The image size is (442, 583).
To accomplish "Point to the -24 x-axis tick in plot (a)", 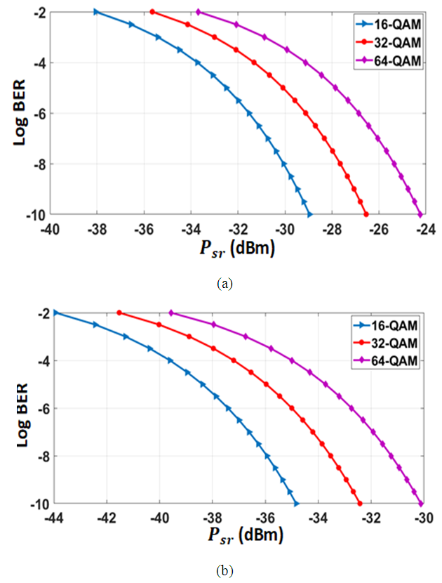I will point(426,228).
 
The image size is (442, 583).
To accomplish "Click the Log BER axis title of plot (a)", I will point(19,112).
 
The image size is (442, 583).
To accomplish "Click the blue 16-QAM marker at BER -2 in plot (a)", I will point(97,12).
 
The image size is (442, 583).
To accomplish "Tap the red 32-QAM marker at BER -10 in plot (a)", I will point(366,214).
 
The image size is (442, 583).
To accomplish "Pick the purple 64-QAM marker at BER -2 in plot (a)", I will point(199,12).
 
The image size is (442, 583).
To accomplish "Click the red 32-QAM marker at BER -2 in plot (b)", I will point(119,313).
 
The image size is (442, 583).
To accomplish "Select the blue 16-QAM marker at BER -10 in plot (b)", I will point(296,504).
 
